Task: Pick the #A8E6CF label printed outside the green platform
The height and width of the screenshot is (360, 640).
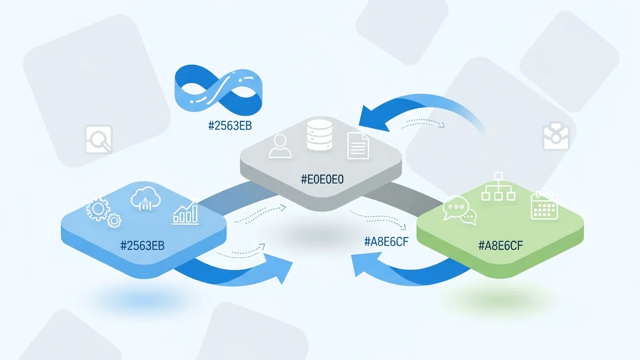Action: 387,242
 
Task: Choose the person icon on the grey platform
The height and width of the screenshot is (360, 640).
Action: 281,147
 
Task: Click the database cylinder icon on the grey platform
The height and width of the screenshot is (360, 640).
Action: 320,136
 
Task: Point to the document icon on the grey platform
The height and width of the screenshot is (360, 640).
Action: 358,145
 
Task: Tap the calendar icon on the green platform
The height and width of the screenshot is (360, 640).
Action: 544,205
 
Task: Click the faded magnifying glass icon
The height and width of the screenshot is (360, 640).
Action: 99,139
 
